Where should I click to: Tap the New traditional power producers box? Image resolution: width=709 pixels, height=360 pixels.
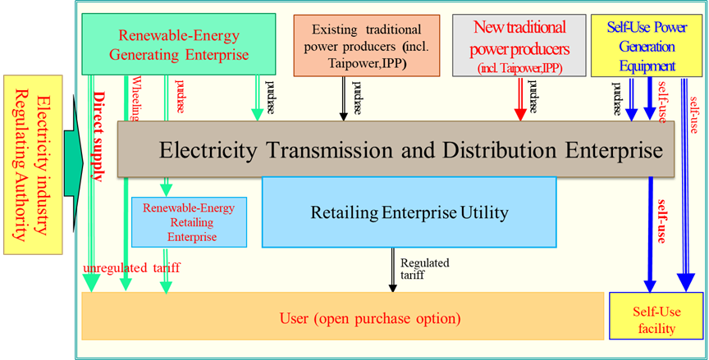point(519,46)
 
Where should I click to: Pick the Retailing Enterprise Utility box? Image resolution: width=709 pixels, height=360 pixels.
point(409,213)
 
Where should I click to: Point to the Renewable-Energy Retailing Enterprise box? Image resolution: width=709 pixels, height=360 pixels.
point(188,221)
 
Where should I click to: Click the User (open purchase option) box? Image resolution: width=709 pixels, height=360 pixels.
point(343,317)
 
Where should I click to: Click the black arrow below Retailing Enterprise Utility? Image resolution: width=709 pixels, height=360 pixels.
point(393,270)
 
